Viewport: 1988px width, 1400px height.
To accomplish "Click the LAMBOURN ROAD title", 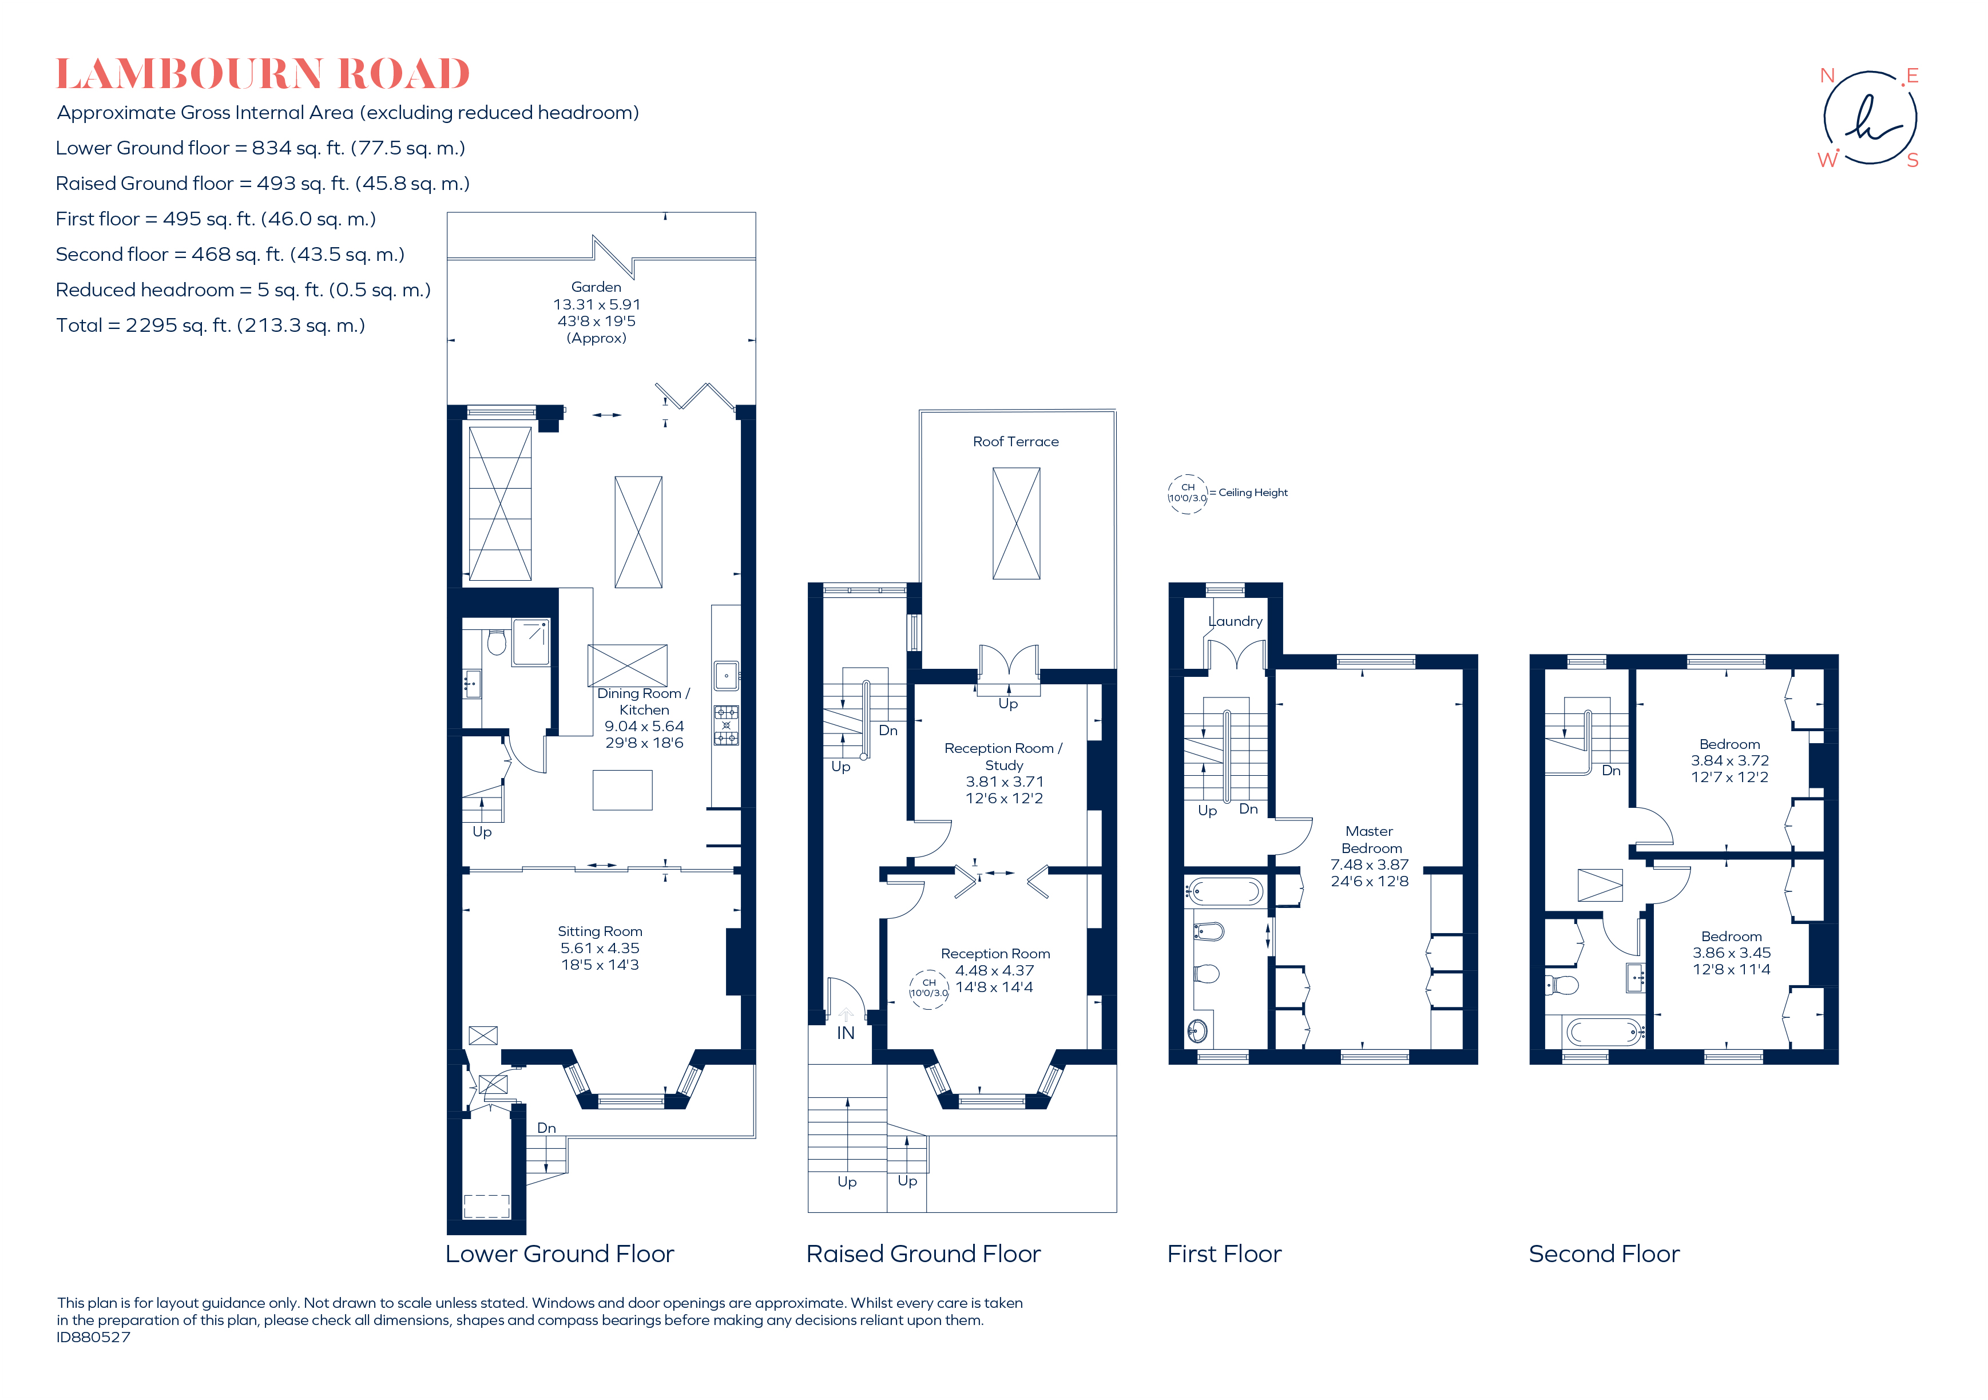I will point(263,74).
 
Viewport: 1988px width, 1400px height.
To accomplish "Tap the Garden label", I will point(596,287).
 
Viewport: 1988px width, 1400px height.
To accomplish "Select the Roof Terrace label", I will point(1015,442).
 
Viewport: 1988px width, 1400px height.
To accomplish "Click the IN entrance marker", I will point(845,1033).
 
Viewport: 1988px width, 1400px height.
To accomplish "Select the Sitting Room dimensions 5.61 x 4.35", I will point(599,948).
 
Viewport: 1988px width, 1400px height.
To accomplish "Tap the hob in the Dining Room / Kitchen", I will point(725,725).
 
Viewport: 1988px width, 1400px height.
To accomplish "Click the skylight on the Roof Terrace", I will point(1015,524).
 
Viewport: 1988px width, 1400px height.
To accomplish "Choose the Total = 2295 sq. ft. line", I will point(211,326).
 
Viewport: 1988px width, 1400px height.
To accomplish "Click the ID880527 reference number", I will point(93,1337).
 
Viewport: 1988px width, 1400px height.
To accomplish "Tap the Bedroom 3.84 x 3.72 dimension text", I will point(1729,761).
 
